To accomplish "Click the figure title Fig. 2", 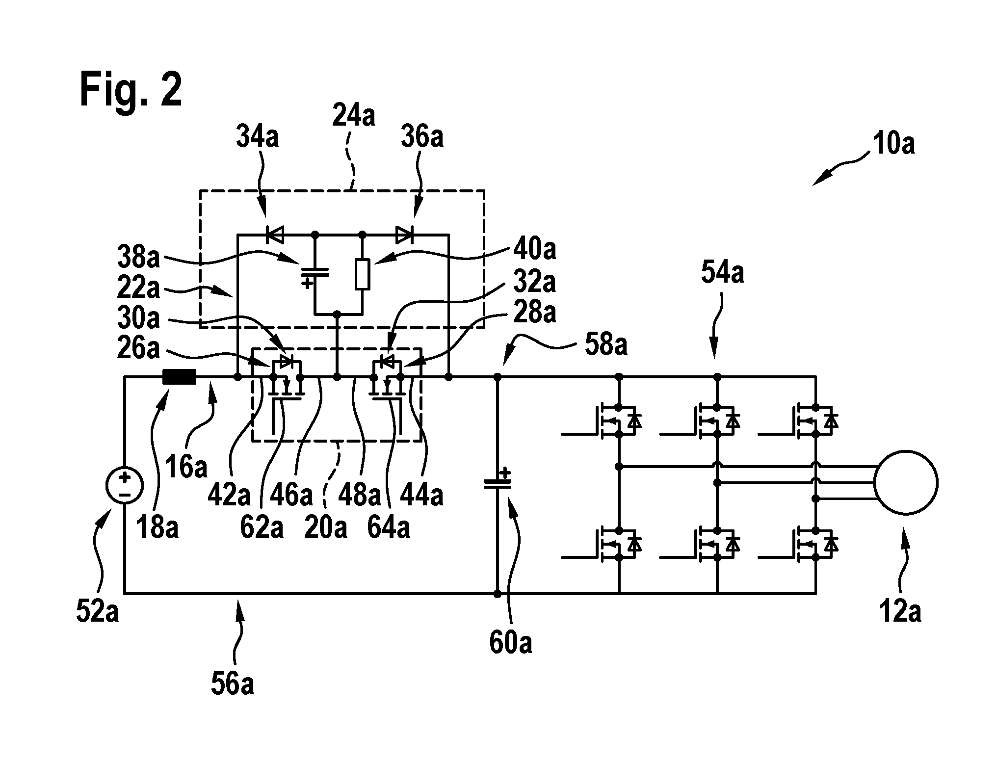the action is click(x=131, y=90).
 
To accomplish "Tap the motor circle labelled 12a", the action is click(x=906, y=483).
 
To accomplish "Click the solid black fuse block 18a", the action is click(x=179, y=377).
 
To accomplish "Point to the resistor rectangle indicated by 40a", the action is click(x=362, y=273).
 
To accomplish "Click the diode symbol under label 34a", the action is click(x=275, y=235).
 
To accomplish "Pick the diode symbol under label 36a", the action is click(x=405, y=235).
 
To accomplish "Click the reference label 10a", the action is click(x=893, y=145).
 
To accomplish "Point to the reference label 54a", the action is click(x=722, y=273).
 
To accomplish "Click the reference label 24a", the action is click(x=353, y=116).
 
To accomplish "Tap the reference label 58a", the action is click(x=605, y=344).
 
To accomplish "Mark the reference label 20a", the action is click(x=325, y=527).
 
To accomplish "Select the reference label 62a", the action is click(x=262, y=527).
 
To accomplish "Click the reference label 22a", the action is click(x=138, y=288).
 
